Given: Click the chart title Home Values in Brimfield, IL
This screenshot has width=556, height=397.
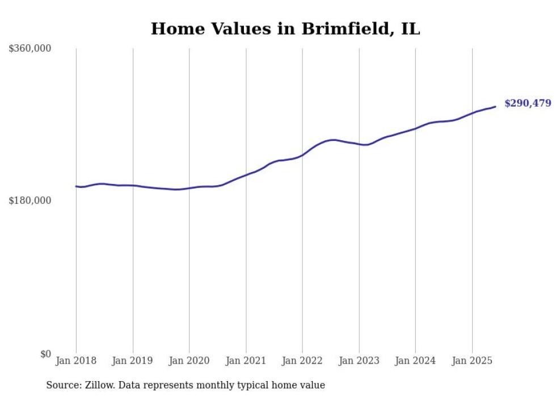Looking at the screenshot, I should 285,29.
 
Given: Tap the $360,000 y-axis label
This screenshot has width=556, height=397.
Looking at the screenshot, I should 30,49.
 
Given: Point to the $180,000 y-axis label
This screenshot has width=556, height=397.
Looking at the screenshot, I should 30,200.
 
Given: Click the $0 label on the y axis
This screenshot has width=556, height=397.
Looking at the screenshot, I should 45,353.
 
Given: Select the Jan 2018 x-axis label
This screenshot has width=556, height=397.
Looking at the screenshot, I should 76,361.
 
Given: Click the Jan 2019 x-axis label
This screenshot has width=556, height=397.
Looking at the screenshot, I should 133,361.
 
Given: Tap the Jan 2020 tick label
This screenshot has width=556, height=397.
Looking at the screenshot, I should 189,361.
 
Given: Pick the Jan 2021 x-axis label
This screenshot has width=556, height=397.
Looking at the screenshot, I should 246,361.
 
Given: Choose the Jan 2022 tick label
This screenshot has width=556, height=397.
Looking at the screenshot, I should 302,361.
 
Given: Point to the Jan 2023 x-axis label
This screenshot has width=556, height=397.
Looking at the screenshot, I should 359,361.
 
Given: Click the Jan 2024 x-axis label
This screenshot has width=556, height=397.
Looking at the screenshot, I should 415,361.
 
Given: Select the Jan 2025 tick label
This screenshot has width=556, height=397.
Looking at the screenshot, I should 472,361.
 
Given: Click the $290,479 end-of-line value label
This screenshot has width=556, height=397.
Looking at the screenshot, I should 528,103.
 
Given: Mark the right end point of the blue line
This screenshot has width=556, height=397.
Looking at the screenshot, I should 495,106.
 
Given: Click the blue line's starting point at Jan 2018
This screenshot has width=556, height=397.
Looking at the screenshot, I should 76,186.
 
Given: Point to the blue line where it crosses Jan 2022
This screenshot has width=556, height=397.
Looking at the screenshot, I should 302,154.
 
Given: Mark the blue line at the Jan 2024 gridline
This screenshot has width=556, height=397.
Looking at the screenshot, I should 415,128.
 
